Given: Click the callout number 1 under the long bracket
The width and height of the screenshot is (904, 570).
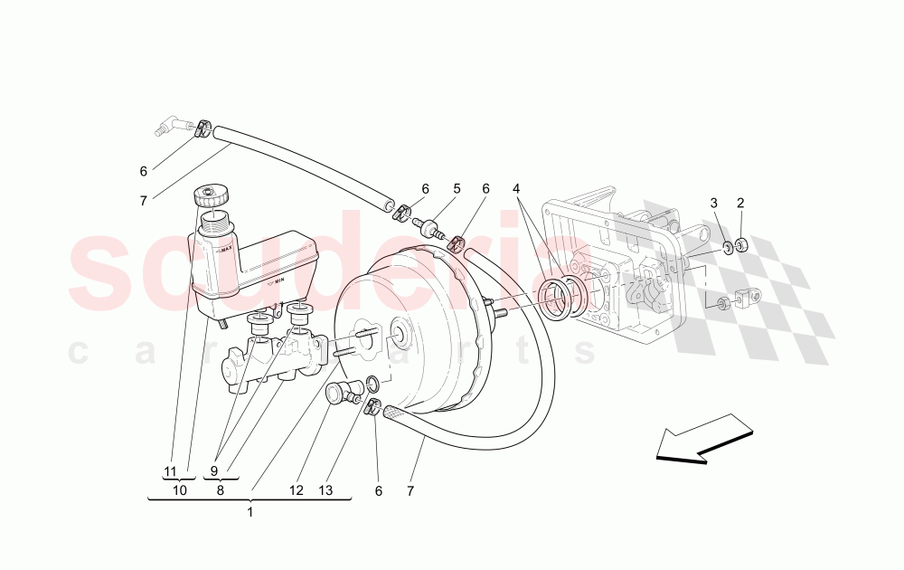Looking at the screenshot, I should pos(250,512).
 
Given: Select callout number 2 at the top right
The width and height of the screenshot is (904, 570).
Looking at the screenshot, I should pos(740,203).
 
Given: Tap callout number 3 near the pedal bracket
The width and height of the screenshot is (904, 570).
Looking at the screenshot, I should pos(713,203).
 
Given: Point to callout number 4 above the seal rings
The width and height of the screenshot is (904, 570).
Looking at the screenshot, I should pos(515,189).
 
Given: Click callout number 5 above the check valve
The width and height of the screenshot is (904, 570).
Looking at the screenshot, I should pos(457,189).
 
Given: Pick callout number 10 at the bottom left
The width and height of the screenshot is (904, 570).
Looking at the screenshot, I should pos(180,490).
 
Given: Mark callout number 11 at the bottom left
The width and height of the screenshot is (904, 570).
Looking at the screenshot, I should pos(170,471).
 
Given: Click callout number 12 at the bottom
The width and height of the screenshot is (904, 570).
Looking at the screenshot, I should pos(297,491).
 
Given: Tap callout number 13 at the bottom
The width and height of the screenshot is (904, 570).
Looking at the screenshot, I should pos(325,491).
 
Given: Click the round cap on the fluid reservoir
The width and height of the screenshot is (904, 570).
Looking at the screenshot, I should pos(211,194).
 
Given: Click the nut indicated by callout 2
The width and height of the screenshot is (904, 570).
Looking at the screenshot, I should pos(741,244).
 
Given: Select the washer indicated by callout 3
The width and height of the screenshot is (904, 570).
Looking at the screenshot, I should pos(727,247).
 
